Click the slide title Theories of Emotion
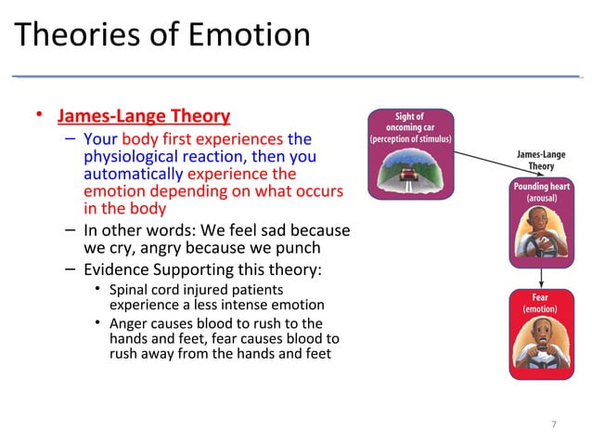(x=162, y=35)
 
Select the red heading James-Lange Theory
(x=144, y=116)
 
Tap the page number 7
(x=554, y=424)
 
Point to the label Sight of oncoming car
(x=410, y=122)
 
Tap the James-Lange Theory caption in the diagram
(x=541, y=161)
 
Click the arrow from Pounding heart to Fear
(x=541, y=278)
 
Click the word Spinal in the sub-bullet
(x=130, y=289)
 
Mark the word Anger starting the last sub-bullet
(x=130, y=323)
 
